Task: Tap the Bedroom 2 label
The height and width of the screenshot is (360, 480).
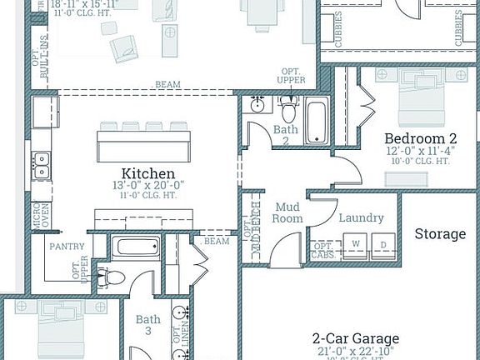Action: [x=419, y=138]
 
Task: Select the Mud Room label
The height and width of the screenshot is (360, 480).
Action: [x=288, y=212]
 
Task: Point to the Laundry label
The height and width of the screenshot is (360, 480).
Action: [x=362, y=218]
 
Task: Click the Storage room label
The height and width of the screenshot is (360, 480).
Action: [x=440, y=234]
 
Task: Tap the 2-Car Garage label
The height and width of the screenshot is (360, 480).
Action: [x=355, y=339]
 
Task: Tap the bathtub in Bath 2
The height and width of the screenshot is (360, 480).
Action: [x=317, y=122]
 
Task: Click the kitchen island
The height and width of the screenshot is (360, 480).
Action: [x=143, y=144]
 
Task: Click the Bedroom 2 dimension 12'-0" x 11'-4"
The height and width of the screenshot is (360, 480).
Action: [x=420, y=152]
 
